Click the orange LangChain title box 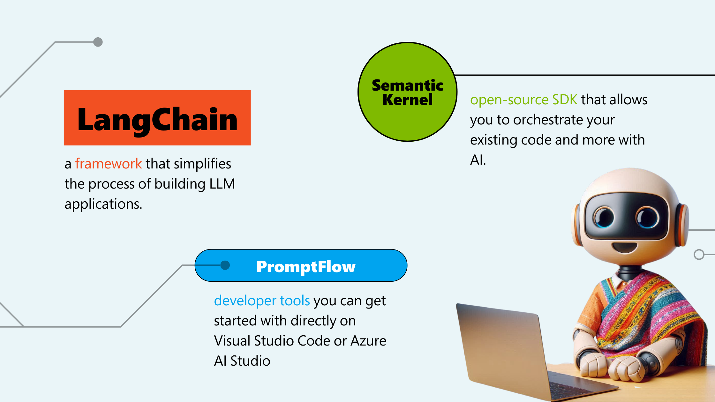coord(157,118)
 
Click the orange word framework coord(109,164)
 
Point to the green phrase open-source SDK coord(523,100)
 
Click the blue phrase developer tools coord(262,301)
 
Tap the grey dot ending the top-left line coord(98,42)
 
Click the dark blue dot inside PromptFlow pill coord(225,265)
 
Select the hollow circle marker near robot coord(699,254)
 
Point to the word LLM coord(222,184)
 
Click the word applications coord(103,204)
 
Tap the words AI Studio coord(242,361)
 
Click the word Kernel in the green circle coord(407,100)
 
